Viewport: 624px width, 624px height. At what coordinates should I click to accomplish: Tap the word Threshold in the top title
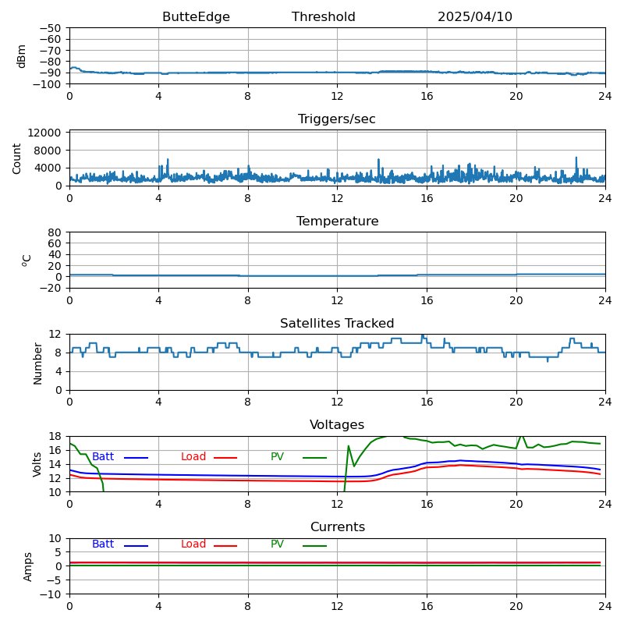click(x=323, y=17)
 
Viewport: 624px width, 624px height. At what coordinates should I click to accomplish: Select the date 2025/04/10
click(x=474, y=17)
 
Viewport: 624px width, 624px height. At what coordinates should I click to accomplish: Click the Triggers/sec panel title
click(x=337, y=119)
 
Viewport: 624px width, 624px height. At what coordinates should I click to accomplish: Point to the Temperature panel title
click(x=337, y=222)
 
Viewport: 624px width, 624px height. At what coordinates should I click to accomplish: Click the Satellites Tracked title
click(x=337, y=324)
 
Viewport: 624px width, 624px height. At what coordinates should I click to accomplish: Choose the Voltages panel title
click(x=337, y=425)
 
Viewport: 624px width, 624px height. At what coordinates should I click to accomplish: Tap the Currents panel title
click(x=337, y=527)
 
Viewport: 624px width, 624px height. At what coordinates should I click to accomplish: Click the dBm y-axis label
click(x=22, y=55)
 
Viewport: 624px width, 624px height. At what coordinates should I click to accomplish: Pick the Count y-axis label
click(x=17, y=158)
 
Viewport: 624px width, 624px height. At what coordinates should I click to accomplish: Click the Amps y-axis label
click(x=28, y=566)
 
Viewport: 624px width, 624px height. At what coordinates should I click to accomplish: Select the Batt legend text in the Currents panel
click(x=103, y=544)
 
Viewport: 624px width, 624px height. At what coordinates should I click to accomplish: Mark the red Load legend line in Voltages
click(x=225, y=458)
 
